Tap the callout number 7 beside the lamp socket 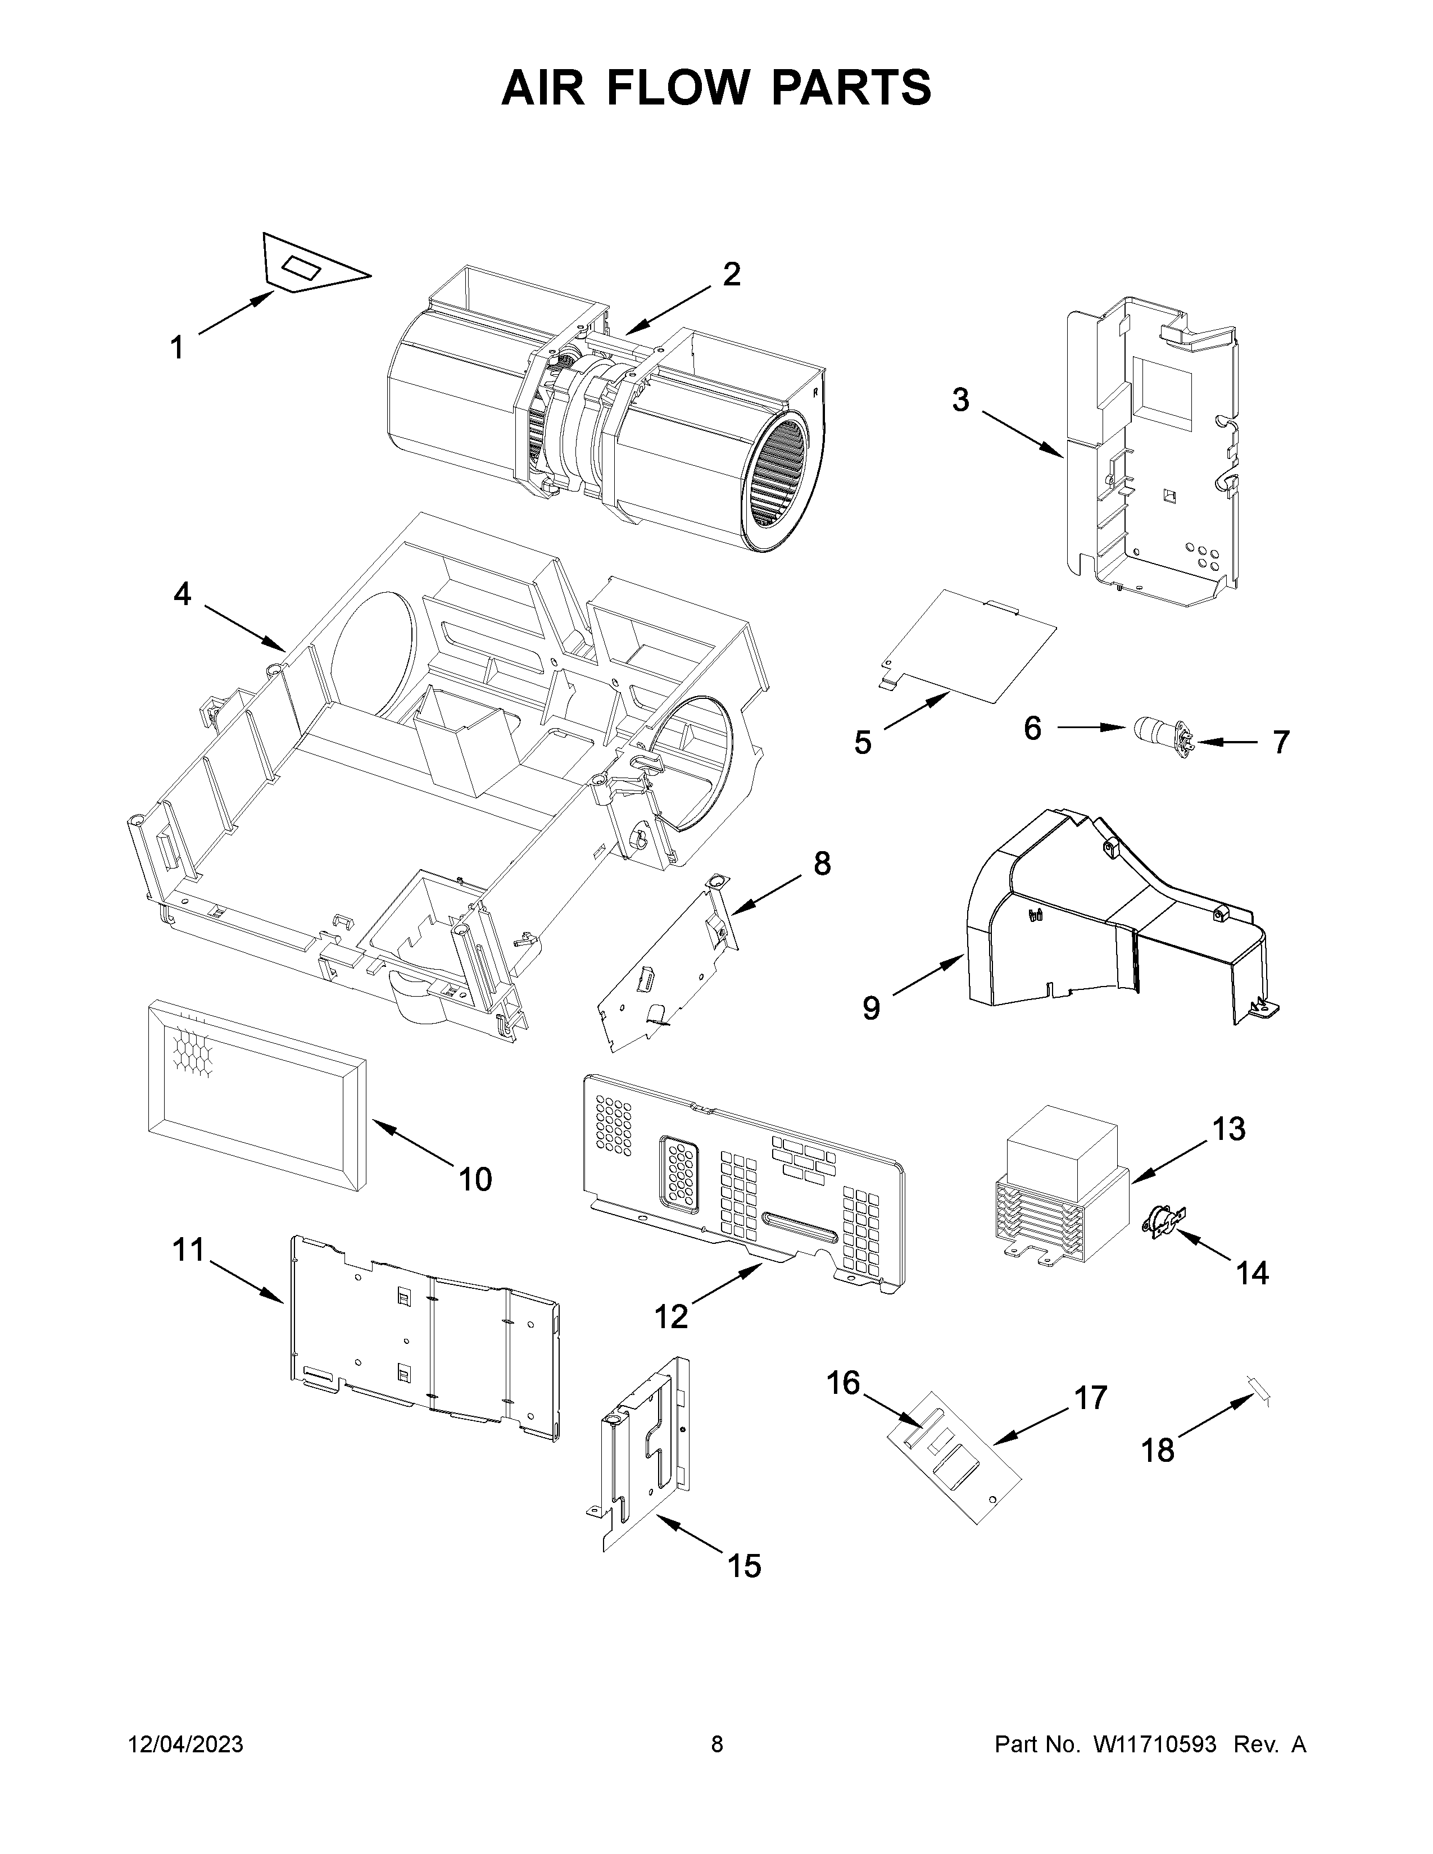tap(1280, 742)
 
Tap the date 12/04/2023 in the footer tap(185, 1744)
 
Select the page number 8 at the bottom tap(717, 1744)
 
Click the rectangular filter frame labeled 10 tap(255, 1095)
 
